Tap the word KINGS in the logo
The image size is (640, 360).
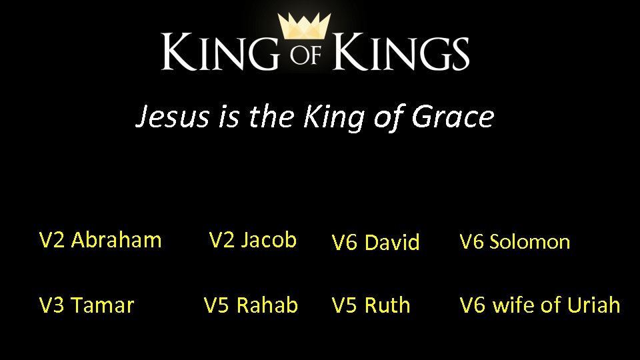[x=401, y=53]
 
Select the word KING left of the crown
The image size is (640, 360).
[x=219, y=53]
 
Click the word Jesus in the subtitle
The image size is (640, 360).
[x=171, y=117]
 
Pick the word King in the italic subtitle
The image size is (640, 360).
[x=328, y=117]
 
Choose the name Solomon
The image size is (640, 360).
[x=530, y=242]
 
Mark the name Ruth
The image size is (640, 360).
[x=387, y=305]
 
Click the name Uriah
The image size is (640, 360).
[x=594, y=305]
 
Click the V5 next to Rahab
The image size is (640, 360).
[x=217, y=305]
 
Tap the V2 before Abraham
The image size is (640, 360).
[x=52, y=239]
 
